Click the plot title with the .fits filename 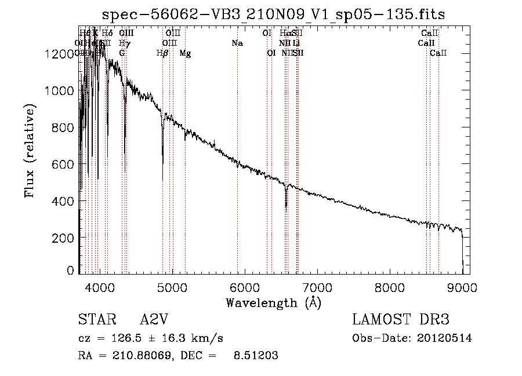[273, 15]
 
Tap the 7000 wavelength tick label [317, 287]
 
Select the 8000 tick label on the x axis [390, 287]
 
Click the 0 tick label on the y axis [70, 271]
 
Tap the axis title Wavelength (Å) [273, 302]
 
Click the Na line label [237, 43]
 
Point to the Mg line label [185, 53]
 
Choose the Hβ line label [162, 53]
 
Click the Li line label [296, 43]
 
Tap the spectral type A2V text [155, 320]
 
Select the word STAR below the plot [95, 320]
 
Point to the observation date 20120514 [445, 338]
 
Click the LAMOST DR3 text [401, 320]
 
